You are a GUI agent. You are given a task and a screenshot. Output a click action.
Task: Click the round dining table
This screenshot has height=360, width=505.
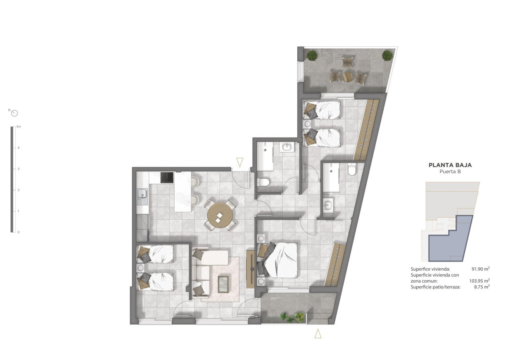pyautogui.click(x=220, y=215)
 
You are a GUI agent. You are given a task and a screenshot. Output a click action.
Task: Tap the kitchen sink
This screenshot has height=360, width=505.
pyautogui.click(x=142, y=193)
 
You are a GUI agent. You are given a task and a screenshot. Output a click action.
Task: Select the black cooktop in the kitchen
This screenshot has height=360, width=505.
pyautogui.click(x=167, y=178)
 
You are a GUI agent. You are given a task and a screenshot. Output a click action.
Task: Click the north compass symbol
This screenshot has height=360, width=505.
pyautogui.click(x=15, y=113)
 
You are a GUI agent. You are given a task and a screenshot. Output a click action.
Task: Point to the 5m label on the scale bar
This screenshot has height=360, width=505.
pyautogui.click(x=18, y=127)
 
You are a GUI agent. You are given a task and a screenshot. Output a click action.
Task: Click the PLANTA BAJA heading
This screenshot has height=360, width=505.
pyautogui.click(x=450, y=165)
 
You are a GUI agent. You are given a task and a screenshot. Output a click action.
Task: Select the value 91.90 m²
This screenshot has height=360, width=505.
pyautogui.click(x=481, y=269)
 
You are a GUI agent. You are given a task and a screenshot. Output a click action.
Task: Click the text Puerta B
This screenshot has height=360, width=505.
pyautogui.click(x=450, y=172)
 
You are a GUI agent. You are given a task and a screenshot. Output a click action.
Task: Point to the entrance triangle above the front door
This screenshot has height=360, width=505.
pyautogui.click(x=239, y=162)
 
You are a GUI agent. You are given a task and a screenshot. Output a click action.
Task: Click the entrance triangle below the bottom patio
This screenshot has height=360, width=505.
pyautogui.click(x=318, y=334)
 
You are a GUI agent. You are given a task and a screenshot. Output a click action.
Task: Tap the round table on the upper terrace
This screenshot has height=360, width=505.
pyautogui.click(x=348, y=76)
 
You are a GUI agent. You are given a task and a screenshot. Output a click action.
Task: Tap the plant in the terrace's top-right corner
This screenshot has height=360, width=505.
pyautogui.click(x=387, y=55)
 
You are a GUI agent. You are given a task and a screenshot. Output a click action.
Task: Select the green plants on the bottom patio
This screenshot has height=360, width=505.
pyautogui.click(x=292, y=317)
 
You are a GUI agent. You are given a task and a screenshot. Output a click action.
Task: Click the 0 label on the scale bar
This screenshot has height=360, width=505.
pyautogui.click(x=18, y=233)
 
